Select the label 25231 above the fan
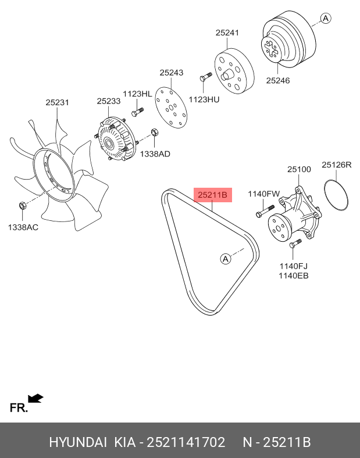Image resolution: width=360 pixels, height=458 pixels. click(58, 102)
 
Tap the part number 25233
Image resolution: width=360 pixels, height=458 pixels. click(108, 101)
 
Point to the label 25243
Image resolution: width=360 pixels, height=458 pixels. click(172, 73)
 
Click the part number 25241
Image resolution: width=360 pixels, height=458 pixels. click(227, 33)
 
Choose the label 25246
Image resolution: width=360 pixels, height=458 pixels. click(278, 81)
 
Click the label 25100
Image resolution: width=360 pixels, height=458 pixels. click(299, 169)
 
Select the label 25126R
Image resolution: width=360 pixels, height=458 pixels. click(337, 165)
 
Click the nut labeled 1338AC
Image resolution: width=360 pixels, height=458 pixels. click(22, 205)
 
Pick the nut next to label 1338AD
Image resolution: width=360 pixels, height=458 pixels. click(155, 133)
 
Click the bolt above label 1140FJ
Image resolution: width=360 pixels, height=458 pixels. click(294, 245)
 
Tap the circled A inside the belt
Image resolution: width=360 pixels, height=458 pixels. click(226, 259)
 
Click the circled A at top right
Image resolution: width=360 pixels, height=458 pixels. click(326, 19)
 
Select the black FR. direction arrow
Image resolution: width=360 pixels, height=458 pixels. click(36, 398)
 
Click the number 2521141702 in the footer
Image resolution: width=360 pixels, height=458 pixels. click(187, 442)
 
